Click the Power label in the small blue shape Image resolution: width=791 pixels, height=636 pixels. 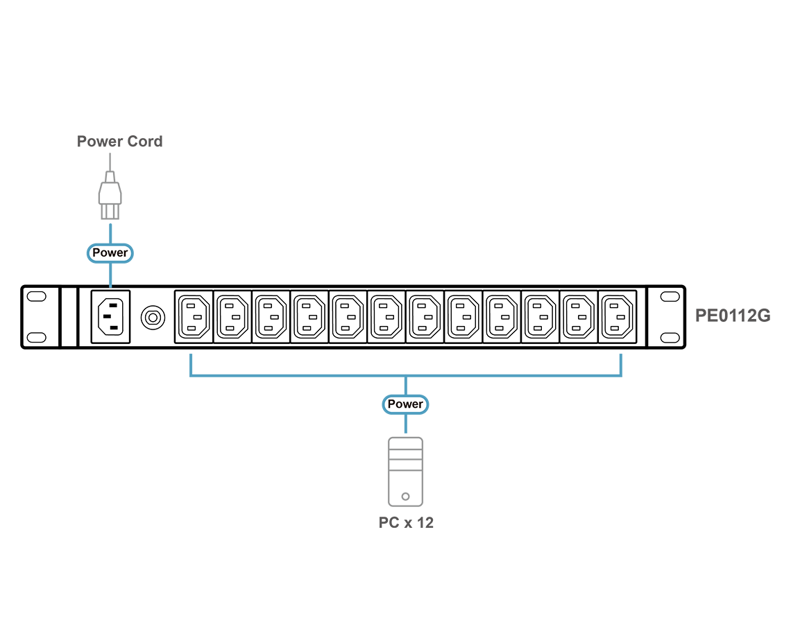coord(110,253)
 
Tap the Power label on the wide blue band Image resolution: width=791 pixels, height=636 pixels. coord(405,404)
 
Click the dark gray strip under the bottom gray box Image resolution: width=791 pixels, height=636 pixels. coord(405,520)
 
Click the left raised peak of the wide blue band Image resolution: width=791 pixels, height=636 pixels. coord(191,356)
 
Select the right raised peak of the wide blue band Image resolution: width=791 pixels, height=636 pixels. coord(619,356)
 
